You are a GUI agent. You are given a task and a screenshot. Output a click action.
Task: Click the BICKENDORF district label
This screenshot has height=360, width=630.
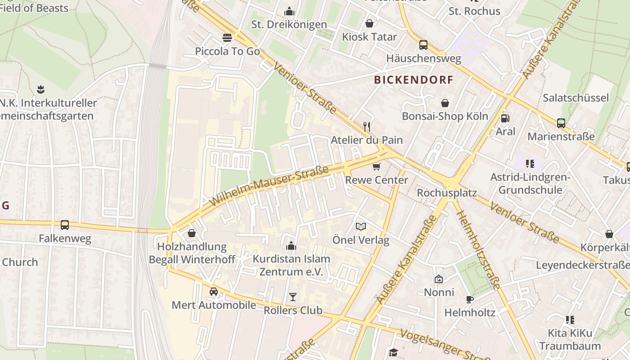(414, 80)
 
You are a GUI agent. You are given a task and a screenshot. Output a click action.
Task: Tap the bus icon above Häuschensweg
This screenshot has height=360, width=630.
(423, 45)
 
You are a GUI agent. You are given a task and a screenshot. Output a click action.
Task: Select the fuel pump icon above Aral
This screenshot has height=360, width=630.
(505, 118)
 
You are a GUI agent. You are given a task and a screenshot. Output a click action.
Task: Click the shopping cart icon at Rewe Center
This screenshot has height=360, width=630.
(377, 167)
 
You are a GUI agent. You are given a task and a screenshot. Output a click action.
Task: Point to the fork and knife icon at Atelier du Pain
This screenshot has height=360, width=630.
(367, 126)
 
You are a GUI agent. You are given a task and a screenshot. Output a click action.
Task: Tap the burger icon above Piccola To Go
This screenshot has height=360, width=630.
(227, 38)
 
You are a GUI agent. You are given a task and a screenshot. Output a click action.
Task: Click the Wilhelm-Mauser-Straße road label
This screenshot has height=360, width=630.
(269, 185)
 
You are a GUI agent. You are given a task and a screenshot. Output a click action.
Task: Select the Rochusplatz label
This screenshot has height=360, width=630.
(446, 193)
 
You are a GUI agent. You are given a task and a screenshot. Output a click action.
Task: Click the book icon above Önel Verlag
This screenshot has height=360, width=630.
(361, 226)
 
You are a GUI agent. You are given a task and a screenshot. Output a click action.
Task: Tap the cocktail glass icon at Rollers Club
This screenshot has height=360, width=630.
(293, 297)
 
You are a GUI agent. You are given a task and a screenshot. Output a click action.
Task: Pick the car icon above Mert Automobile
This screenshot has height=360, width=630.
(214, 292)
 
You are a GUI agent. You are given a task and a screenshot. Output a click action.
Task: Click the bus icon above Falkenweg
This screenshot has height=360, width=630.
(65, 225)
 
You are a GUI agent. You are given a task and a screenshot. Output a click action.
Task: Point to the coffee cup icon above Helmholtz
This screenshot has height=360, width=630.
(469, 299)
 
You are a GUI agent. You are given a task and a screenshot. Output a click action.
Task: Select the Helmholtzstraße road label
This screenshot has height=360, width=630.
(478, 249)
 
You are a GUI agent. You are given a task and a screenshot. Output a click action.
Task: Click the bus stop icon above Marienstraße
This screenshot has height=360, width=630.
(561, 123)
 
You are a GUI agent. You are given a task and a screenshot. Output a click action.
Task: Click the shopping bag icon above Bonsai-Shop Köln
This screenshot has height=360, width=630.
(445, 103)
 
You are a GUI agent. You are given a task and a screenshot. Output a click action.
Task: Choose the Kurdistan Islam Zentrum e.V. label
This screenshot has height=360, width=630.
(291, 265)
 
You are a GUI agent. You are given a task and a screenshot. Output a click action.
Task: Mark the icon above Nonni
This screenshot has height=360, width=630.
(439, 279)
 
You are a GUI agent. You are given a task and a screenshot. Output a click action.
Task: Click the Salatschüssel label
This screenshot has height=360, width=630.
(575, 98)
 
